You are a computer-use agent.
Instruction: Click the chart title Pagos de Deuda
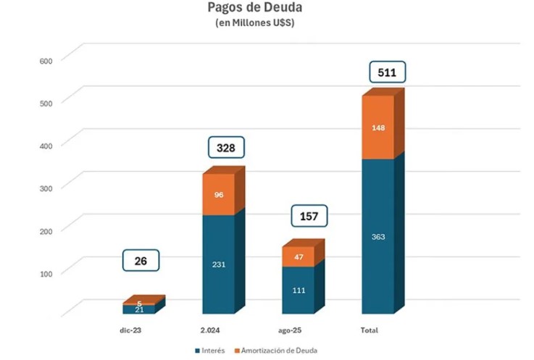(x=265, y=9)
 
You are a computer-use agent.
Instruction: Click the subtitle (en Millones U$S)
(x=265, y=23)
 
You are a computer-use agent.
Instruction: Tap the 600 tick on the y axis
(x=47, y=60)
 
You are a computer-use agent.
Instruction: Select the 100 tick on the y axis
(x=47, y=272)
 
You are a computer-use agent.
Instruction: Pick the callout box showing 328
(x=226, y=148)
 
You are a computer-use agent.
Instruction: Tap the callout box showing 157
(x=309, y=217)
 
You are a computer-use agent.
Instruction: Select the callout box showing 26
(x=141, y=261)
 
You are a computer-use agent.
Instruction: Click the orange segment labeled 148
(x=378, y=127)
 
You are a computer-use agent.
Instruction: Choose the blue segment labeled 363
(x=378, y=236)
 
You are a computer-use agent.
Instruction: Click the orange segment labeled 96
(x=219, y=194)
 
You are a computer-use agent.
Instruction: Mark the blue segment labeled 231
(x=219, y=264)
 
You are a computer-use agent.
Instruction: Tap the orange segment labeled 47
(x=298, y=256)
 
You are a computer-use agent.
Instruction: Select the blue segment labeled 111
(x=298, y=290)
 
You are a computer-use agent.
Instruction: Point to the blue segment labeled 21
(x=138, y=309)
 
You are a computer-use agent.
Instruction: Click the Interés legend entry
(x=210, y=351)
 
